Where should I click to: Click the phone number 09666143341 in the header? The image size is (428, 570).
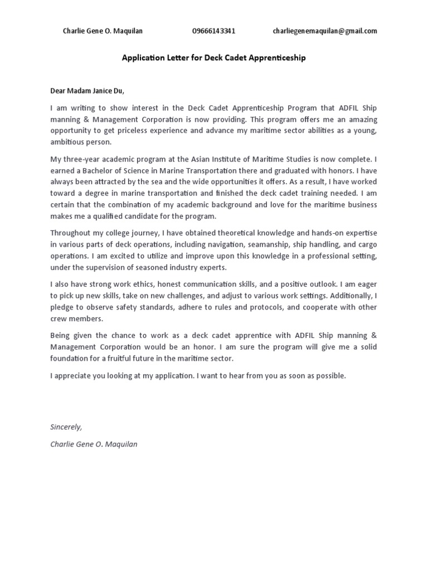pos(213,31)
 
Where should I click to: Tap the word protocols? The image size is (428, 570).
pos(261,308)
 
